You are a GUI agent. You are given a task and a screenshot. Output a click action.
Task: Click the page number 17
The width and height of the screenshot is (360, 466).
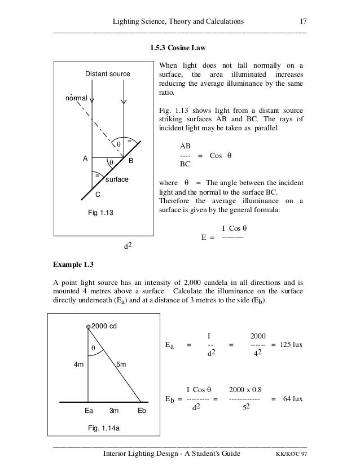click(302, 21)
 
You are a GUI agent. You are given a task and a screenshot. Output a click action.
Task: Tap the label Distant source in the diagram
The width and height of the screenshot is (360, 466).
click(107, 74)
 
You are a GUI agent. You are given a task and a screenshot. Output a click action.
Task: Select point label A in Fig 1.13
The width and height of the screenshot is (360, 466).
click(85, 159)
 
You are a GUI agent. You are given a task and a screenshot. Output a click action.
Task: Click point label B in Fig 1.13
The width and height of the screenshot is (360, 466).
click(130, 161)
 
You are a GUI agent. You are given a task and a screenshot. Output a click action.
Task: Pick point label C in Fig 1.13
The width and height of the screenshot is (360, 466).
click(98, 195)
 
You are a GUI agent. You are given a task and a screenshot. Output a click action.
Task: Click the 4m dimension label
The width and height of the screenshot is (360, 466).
click(78, 364)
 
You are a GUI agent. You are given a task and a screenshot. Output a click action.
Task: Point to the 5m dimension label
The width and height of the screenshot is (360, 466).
click(121, 364)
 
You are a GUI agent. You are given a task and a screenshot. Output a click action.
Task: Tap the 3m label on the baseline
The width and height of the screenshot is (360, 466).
click(113, 411)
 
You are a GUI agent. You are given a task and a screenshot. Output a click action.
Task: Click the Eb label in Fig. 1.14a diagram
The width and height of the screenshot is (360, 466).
click(142, 411)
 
